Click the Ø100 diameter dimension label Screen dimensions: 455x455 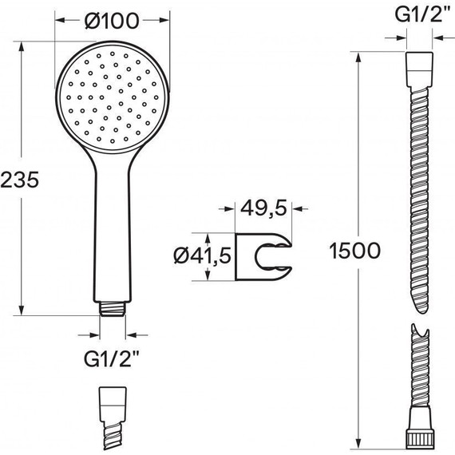[x=112, y=21]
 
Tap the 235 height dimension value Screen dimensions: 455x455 [x=19, y=180]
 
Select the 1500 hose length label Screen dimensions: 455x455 [x=354, y=251]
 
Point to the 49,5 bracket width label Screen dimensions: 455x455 [x=263, y=208]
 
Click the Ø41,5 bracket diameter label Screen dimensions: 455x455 [x=203, y=256]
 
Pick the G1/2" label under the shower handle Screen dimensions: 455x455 [x=112, y=359]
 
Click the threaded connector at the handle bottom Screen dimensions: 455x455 [x=113, y=309]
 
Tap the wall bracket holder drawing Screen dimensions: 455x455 [x=263, y=256]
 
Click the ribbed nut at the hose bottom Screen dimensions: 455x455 [x=419, y=440]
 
